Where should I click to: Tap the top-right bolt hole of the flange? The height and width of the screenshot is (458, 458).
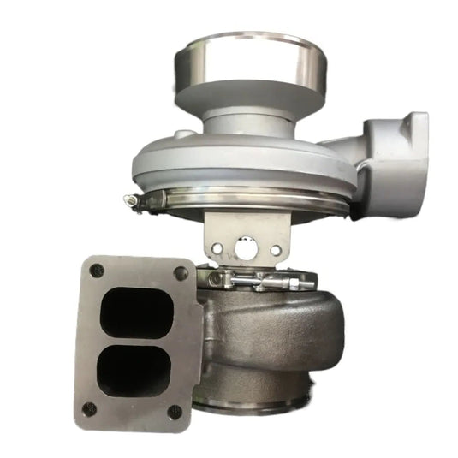pos(181,273)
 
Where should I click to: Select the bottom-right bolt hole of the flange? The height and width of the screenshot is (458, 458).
pos(175,412)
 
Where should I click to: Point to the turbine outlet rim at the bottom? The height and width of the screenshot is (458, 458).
pos(257,402)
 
